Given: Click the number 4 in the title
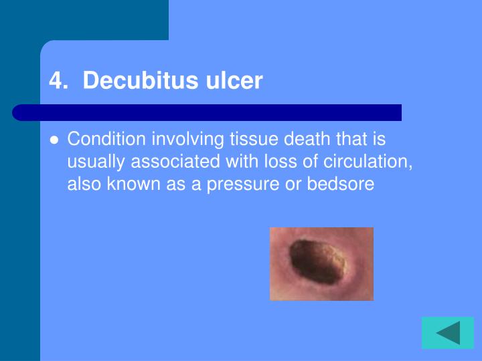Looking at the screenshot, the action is pyautogui.click(x=56, y=81).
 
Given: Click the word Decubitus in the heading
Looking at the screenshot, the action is pyautogui.click(x=141, y=80).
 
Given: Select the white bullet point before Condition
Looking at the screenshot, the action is pyautogui.click(x=54, y=140).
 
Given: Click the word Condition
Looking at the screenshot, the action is pyautogui.click(x=106, y=139).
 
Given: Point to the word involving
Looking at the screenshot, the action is pyautogui.click(x=187, y=140).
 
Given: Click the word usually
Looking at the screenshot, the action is pyautogui.click(x=96, y=162).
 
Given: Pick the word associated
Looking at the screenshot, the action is pyautogui.click(x=175, y=161).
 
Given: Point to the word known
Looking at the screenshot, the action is pyautogui.click(x=133, y=184).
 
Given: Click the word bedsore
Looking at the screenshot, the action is pyautogui.click(x=341, y=184).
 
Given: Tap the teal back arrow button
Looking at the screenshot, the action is pyautogui.click(x=448, y=333).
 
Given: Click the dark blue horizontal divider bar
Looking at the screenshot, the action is pyautogui.click(x=207, y=113).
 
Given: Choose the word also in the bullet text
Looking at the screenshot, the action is pyautogui.click(x=84, y=184).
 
